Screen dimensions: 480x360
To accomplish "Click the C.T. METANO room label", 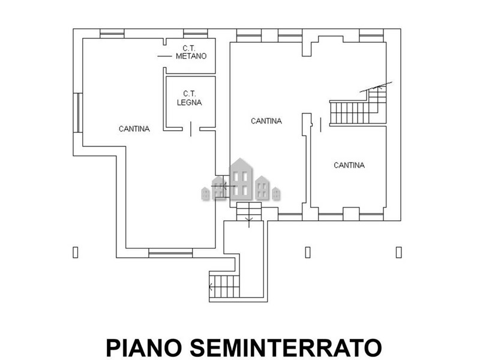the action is coord(191,52).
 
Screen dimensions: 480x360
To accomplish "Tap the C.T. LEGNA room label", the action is coord(189,98).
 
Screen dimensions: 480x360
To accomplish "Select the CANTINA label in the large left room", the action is coord(134,129).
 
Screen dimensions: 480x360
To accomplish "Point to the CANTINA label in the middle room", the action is coord(266,121).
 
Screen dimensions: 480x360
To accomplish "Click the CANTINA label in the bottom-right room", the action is coord(349,166).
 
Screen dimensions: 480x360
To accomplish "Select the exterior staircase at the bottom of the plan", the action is coord(224,286).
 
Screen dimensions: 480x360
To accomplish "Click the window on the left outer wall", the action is coord(78,113).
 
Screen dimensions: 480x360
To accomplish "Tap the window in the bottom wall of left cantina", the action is coord(170,253).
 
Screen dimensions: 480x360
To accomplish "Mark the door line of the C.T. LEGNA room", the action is coord(191,129).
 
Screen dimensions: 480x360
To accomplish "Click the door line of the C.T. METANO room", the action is coord(164,56).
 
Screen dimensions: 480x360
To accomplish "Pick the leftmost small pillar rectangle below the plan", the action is coord(76,252).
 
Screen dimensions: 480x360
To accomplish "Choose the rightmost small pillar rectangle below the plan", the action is coord(398,252).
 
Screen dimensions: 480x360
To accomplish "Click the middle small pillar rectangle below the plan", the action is coord(308,252).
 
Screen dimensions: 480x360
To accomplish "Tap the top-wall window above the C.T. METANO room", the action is coord(196,34).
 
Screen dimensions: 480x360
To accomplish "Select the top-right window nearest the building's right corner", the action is coord(371,35).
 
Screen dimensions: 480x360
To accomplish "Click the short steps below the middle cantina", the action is coord(249,211).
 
